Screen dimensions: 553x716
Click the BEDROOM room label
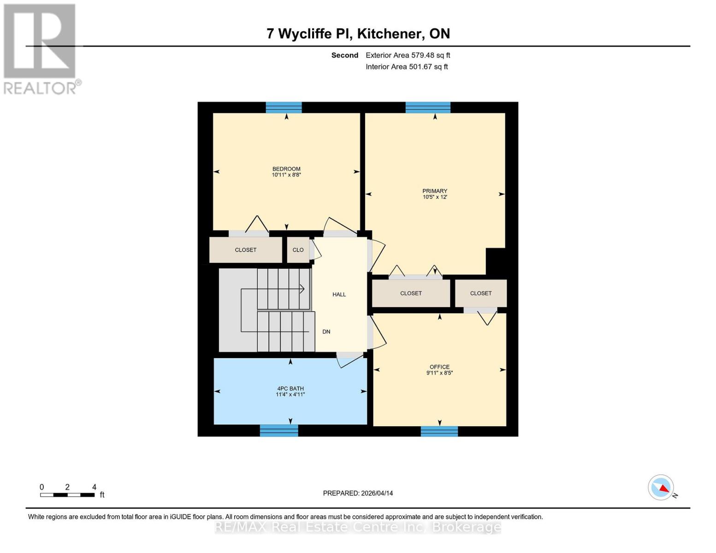286,169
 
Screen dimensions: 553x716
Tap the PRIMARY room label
435,191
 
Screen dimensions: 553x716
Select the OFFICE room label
439,367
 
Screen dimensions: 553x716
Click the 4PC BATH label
290,389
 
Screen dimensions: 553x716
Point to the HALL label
339,294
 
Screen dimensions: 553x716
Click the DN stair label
326,332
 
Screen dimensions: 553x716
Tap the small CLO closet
298,250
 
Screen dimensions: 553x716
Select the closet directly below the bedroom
245,250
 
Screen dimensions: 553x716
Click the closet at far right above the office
481,293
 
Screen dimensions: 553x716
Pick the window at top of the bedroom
284,107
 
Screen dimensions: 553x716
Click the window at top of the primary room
428,107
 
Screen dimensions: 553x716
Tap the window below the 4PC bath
279,430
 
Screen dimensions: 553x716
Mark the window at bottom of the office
439,431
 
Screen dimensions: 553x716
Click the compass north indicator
662,488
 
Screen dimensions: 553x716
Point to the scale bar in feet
67,494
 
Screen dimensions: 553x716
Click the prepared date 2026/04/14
358,493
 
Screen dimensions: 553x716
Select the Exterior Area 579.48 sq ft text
408,55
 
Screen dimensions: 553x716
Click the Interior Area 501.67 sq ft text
407,67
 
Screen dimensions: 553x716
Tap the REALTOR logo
41,49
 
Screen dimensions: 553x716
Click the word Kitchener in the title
390,34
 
